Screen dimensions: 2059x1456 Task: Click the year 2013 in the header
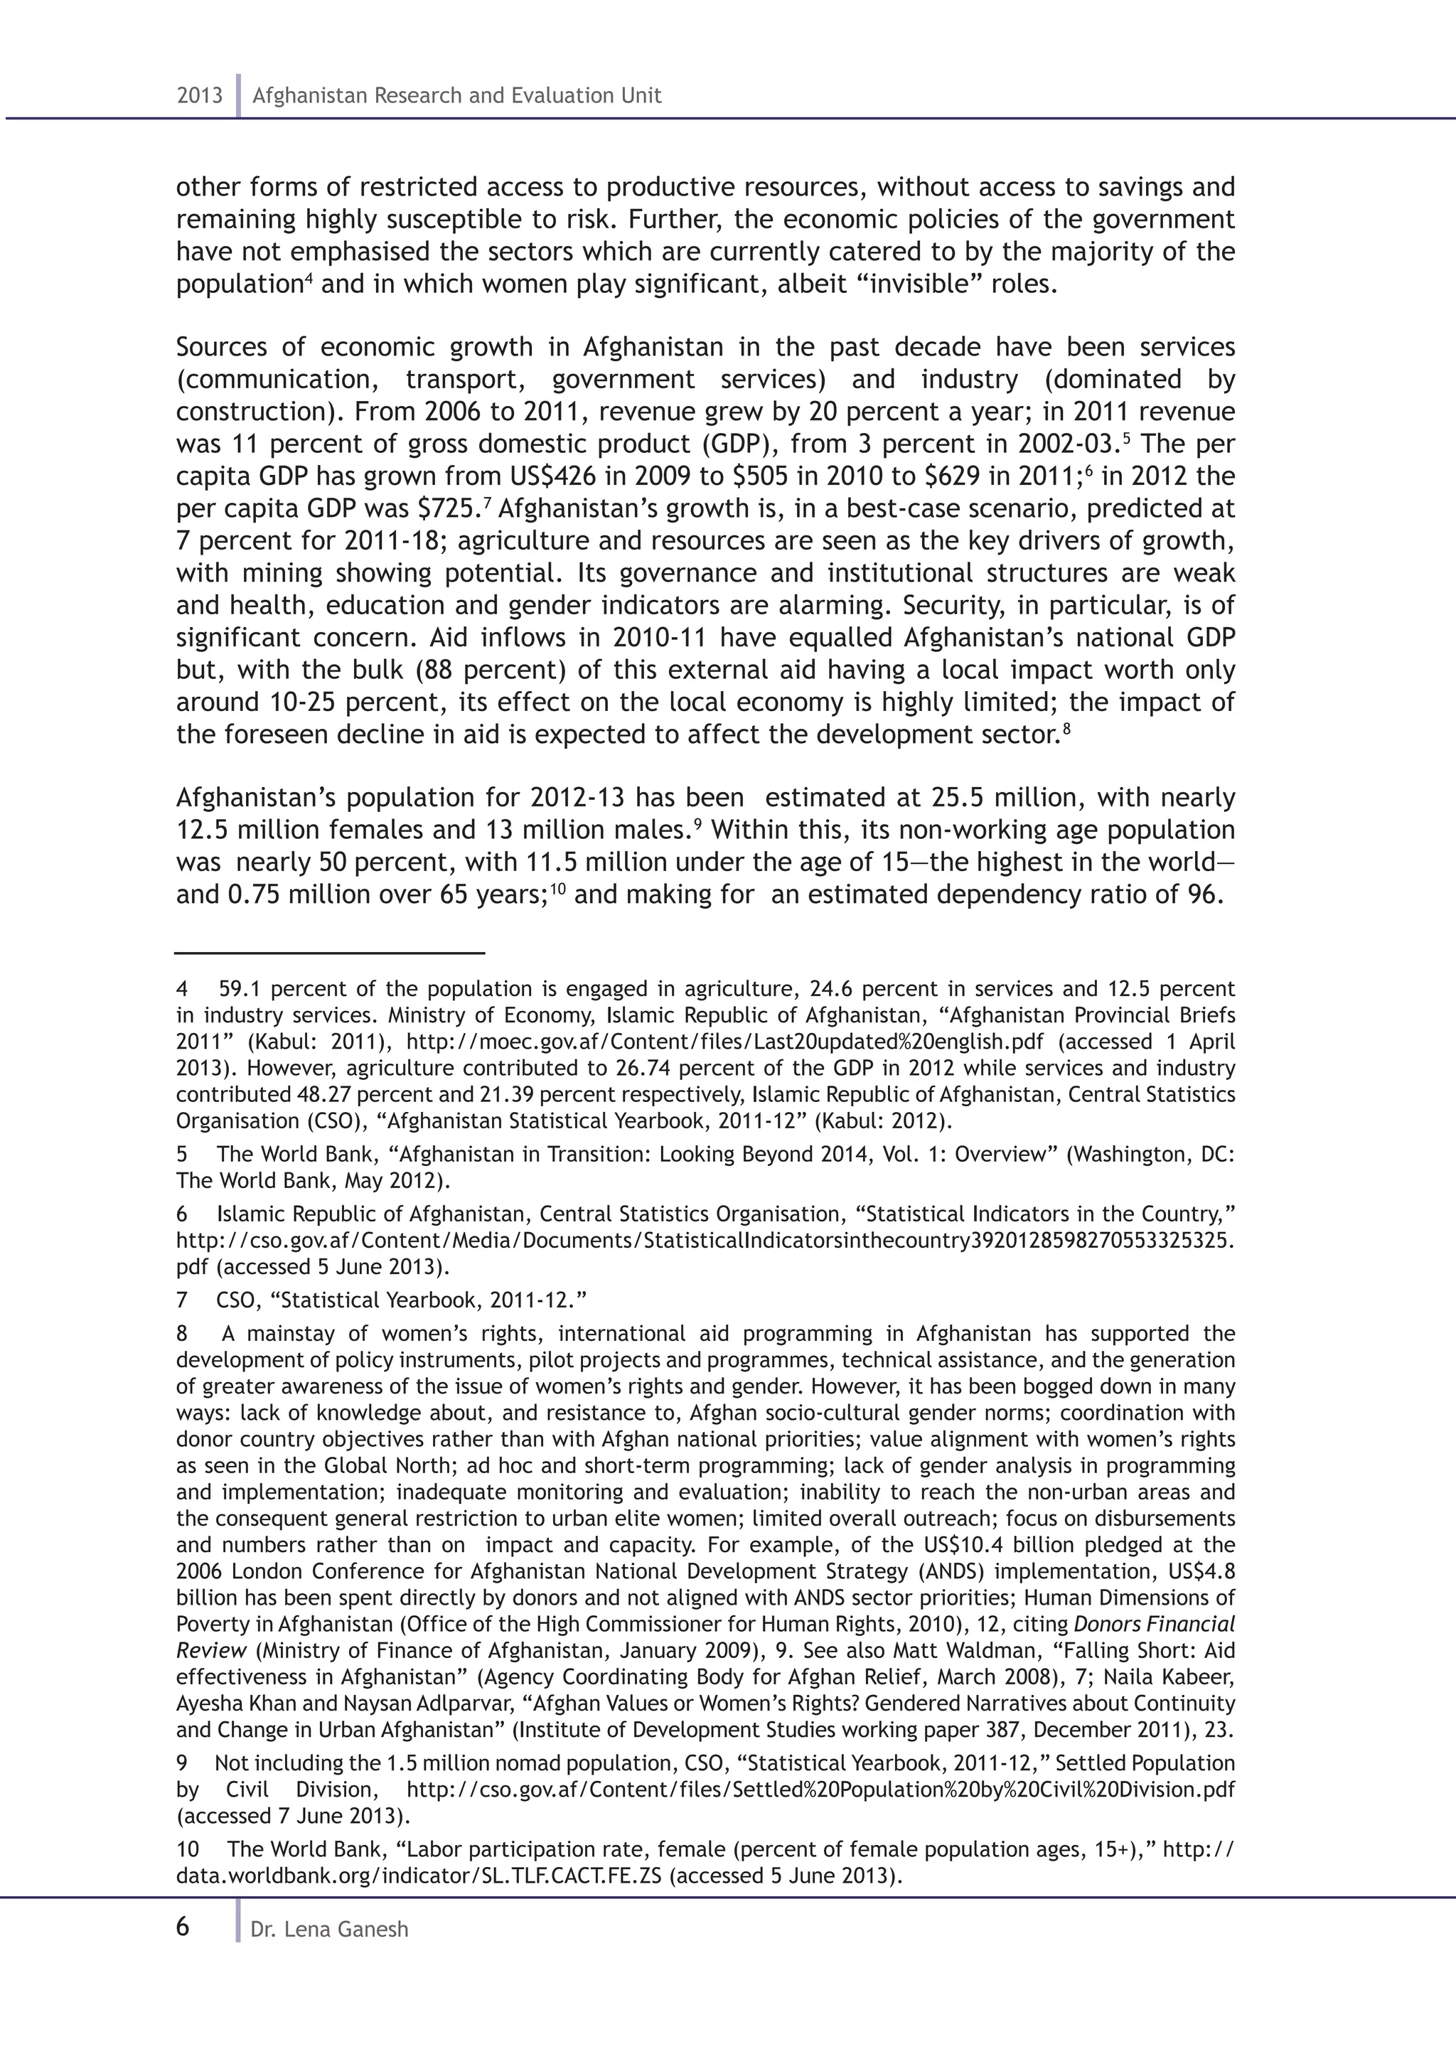pyautogui.click(x=199, y=96)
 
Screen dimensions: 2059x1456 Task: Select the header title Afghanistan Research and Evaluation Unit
pyautogui.click(x=456, y=96)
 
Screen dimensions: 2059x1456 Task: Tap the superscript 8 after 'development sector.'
pyautogui.click(x=1066, y=729)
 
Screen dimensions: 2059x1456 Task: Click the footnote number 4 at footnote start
pyautogui.click(x=182, y=989)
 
